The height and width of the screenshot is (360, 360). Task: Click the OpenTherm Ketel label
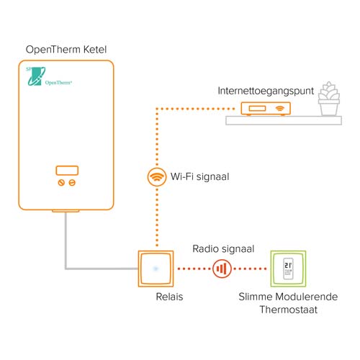(66, 50)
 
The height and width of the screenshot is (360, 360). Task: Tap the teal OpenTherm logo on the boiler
(49, 76)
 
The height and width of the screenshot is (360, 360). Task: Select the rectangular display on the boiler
(67, 171)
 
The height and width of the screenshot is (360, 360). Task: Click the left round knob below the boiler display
(61, 183)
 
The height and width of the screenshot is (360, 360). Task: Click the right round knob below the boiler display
(72, 183)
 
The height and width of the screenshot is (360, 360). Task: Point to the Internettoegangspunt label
(266, 91)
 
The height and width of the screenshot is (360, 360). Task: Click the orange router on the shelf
(266, 109)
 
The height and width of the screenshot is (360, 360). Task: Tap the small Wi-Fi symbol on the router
(279, 109)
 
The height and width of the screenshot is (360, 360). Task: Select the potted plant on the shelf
(329, 99)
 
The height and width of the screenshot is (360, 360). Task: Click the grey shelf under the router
(284, 120)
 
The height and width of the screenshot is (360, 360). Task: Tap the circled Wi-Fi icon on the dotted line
(157, 177)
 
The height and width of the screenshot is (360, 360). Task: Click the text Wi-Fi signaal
(199, 176)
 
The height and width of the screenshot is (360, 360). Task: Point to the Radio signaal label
(223, 249)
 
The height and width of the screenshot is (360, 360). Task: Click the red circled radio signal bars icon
(222, 269)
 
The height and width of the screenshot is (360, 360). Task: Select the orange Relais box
(156, 269)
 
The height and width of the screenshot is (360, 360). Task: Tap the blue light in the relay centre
(156, 269)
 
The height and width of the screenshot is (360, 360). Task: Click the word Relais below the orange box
(169, 297)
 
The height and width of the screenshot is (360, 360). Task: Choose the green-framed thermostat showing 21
(288, 269)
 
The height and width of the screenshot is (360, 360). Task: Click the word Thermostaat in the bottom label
(289, 310)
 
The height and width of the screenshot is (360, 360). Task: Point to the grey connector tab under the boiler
(66, 211)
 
